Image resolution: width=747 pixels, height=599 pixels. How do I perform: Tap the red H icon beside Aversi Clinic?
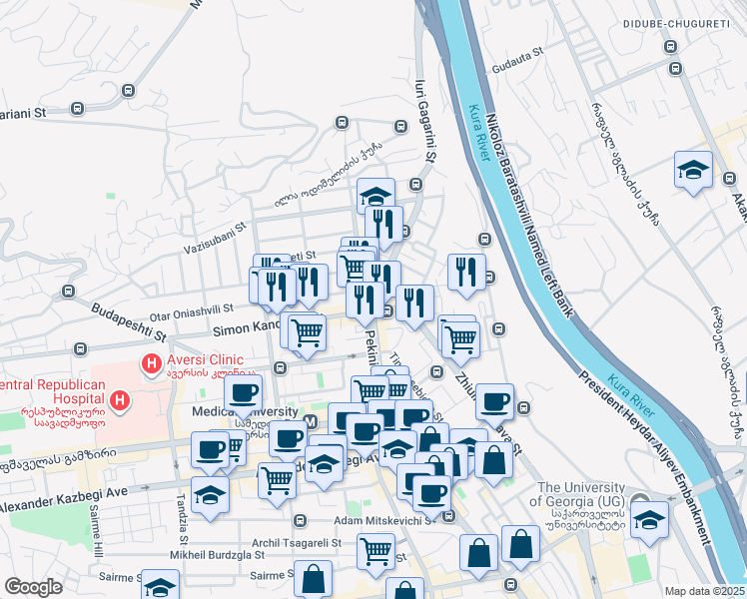pyautogui.click(x=153, y=364)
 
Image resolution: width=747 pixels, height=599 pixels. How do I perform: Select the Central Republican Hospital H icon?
pyautogui.click(x=120, y=401)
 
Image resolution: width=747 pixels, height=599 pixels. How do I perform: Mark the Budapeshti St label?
pyautogui.click(x=127, y=318)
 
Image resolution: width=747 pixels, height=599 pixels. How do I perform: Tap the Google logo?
pyautogui.click(x=34, y=587)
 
